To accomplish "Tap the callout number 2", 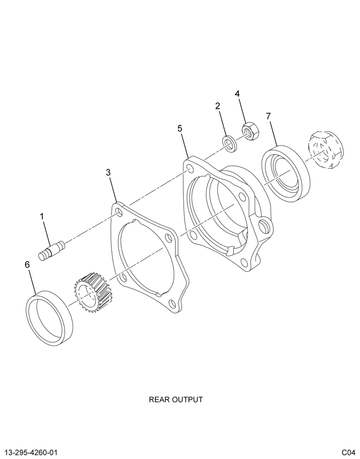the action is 218,106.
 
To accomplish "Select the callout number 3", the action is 108,173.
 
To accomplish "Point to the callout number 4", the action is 237,94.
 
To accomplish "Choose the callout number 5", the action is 180,128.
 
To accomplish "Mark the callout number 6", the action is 27,265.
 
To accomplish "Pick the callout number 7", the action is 268,116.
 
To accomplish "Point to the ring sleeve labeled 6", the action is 49,318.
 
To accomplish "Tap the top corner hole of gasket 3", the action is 119,212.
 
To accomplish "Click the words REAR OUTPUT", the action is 176,399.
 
